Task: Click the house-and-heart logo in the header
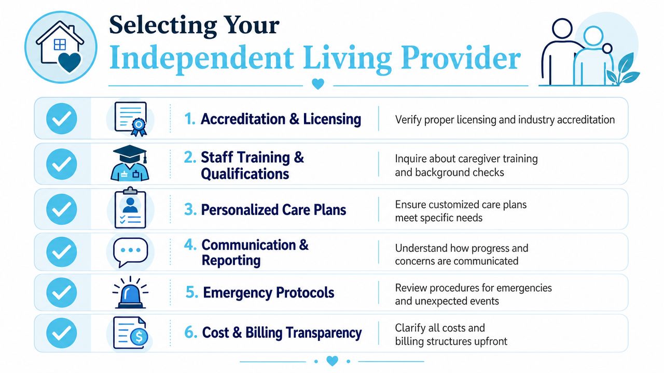pos(61,47)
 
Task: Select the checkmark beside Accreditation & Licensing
pos(62,119)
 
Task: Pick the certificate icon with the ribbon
pos(131,119)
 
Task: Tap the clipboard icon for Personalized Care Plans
pos(130,208)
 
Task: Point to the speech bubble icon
pos(130,252)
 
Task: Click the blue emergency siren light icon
pos(130,293)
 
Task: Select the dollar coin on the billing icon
pos(139,336)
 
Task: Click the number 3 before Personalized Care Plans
pos(190,209)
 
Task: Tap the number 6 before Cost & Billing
pos(190,332)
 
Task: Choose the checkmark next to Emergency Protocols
pos(62,292)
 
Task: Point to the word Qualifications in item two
pos(245,174)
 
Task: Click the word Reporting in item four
pos(231,261)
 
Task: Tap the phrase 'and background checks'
pos(449,173)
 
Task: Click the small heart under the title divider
pos(318,84)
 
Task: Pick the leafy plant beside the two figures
pos(622,69)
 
